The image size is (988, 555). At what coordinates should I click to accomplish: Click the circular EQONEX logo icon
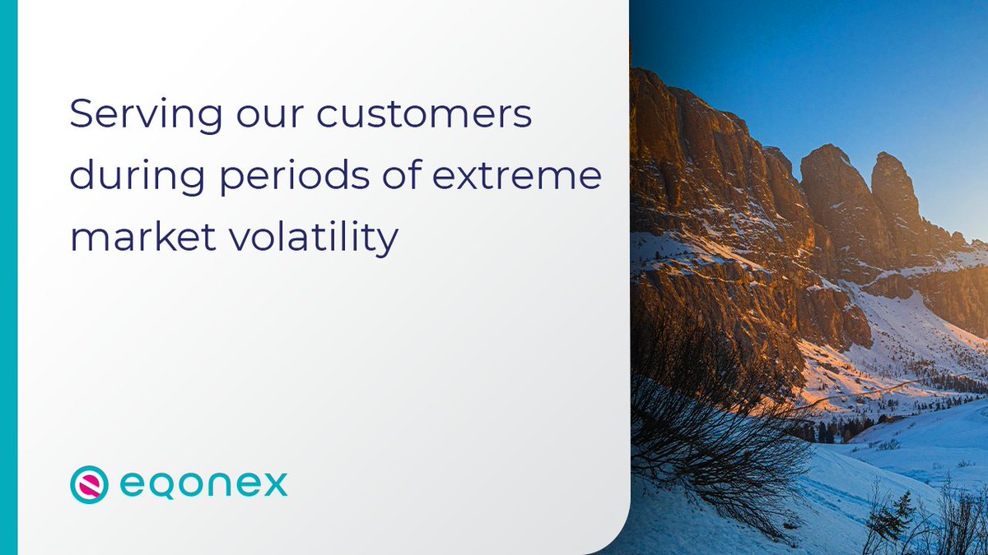(89, 484)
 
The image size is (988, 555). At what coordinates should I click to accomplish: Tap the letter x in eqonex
(274, 484)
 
